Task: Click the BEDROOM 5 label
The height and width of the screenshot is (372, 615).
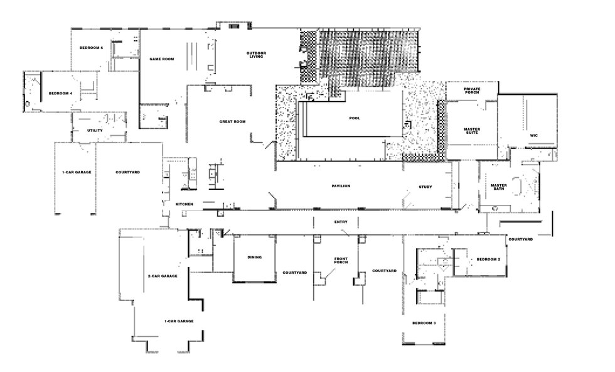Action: [x=92, y=48]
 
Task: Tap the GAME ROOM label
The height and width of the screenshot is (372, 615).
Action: [x=162, y=59]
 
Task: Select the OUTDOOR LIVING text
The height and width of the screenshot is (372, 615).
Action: [x=256, y=55]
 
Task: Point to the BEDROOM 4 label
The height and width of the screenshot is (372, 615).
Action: [x=60, y=94]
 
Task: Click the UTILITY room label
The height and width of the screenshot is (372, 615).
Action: [x=95, y=131]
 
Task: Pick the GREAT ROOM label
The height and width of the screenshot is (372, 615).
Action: [x=233, y=122]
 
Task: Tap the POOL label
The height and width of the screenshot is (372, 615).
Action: [x=355, y=118]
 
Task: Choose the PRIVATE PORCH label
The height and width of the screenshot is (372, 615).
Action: [x=472, y=90]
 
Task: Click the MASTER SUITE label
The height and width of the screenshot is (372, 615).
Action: [x=472, y=131]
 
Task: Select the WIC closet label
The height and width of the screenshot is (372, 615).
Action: [x=534, y=136]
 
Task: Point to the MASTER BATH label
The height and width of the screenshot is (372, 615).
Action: [x=499, y=187]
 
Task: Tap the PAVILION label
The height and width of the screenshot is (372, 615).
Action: [x=341, y=186]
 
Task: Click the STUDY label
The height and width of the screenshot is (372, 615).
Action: [x=425, y=187]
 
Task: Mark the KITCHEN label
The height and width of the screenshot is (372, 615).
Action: [x=184, y=204]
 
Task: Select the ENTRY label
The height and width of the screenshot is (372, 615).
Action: [x=341, y=222]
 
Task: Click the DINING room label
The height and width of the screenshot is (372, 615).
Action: [x=255, y=257]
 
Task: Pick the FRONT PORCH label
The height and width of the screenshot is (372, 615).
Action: [x=341, y=260]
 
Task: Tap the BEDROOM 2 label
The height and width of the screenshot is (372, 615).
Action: [x=488, y=260]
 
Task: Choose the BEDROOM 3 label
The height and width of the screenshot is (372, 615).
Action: [x=424, y=323]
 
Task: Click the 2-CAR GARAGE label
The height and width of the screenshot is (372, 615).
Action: [x=163, y=276]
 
